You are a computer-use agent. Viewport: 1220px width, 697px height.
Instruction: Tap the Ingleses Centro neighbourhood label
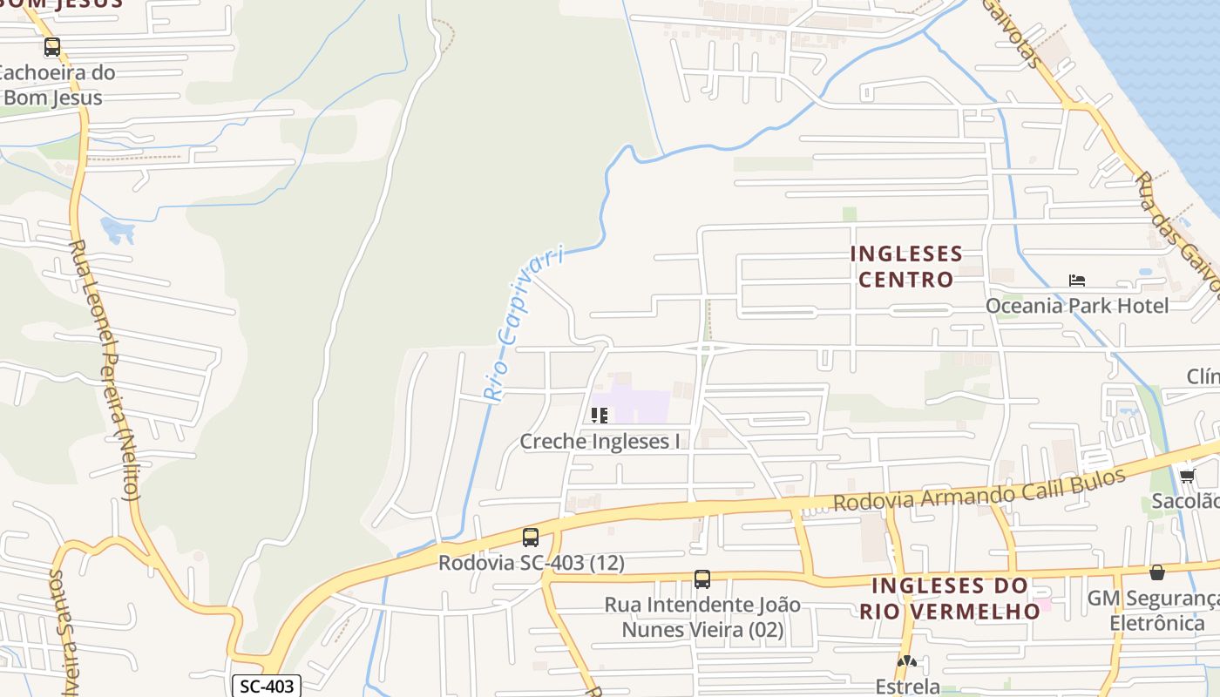pyautogui.click(x=906, y=267)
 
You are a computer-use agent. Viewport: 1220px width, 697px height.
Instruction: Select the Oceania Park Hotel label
pyautogui.click(x=1076, y=306)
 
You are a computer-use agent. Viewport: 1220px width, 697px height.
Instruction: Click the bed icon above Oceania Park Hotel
pyautogui.click(x=1077, y=281)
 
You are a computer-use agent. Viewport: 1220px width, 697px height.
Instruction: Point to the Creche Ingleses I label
pyautogui.click(x=600, y=442)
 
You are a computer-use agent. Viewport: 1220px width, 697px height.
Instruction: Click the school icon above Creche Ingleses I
pyautogui.click(x=600, y=416)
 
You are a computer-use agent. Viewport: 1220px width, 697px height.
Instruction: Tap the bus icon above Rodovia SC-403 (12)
pyautogui.click(x=530, y=538)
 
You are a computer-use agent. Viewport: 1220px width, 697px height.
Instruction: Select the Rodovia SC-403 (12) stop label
pyautogui.click(x=531, y=564)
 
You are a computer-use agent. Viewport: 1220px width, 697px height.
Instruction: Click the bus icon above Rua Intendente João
pyautogui.click(x=702, y=579)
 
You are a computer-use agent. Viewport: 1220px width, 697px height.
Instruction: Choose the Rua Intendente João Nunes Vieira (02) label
pyautogui.click(x=702, y=617)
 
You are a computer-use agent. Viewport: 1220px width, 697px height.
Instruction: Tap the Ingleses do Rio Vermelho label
pyautogui.click(x=950, y=598)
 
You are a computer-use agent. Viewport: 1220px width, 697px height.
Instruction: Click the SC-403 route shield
pyautogui.click(x=268, y=687)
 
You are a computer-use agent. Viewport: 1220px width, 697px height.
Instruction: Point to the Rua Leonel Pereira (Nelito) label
pyautogui.click(x=104, y=370)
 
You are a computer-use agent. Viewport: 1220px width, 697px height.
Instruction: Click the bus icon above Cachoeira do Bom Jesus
pyautogui.click(x=52, y=47)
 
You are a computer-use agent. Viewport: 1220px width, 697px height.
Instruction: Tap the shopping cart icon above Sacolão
pyautogui.click(x=1187, y=476)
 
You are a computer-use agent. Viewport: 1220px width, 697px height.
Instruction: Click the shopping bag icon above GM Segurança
pyautogui.click(x=1157, y=572)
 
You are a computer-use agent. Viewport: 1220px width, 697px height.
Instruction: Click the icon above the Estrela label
pyautogui.click(x=907, y=662)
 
